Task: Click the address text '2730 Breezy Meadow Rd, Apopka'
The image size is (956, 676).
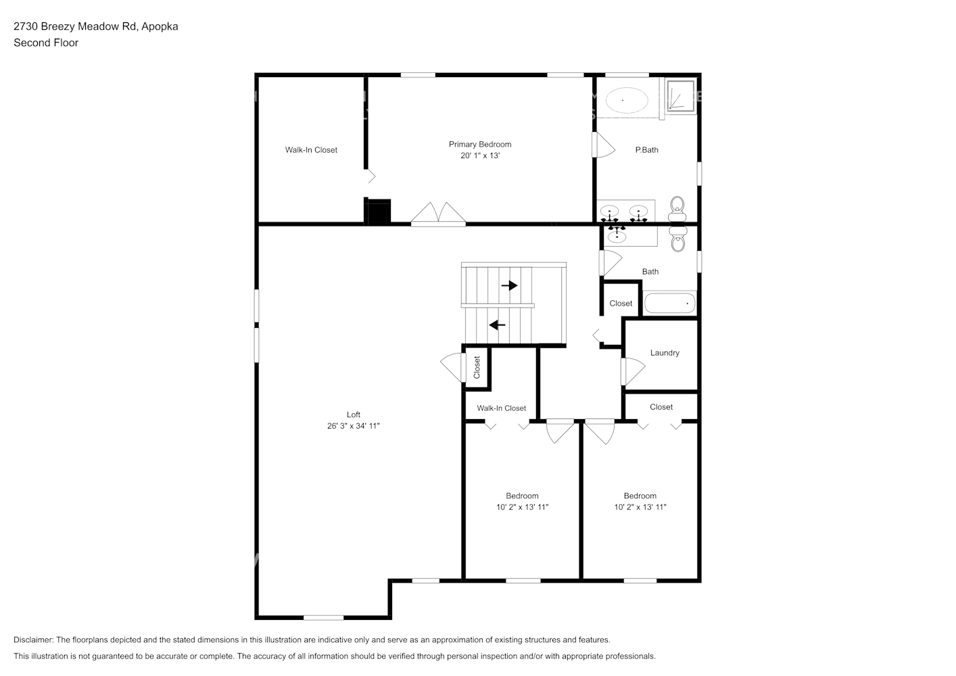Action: tap(96, 26)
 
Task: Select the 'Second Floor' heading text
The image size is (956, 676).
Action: tap(46, 43)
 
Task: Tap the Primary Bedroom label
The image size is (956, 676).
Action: tap(480, 144)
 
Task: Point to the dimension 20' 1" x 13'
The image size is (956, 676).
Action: tap(480, 155)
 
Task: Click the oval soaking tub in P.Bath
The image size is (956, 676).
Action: tap(626, 101)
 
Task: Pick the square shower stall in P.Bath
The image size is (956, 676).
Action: tap(680, 96)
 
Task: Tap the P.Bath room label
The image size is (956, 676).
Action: tap(646, 150)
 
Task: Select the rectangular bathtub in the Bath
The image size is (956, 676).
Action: tap(669, 303)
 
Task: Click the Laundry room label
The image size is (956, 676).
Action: tap(665, 353)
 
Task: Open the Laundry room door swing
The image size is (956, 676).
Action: tap(634, 371)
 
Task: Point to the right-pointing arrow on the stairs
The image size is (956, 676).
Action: tap(509, 286)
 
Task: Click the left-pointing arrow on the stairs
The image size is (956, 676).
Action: tap(498, 325)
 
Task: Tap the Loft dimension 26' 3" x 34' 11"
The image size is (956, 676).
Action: tap(353, 426)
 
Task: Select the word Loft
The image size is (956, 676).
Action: tap(353, 414)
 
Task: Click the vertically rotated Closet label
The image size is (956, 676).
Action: tap(477, 367)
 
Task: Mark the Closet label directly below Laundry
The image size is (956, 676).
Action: tap(661, 407)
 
